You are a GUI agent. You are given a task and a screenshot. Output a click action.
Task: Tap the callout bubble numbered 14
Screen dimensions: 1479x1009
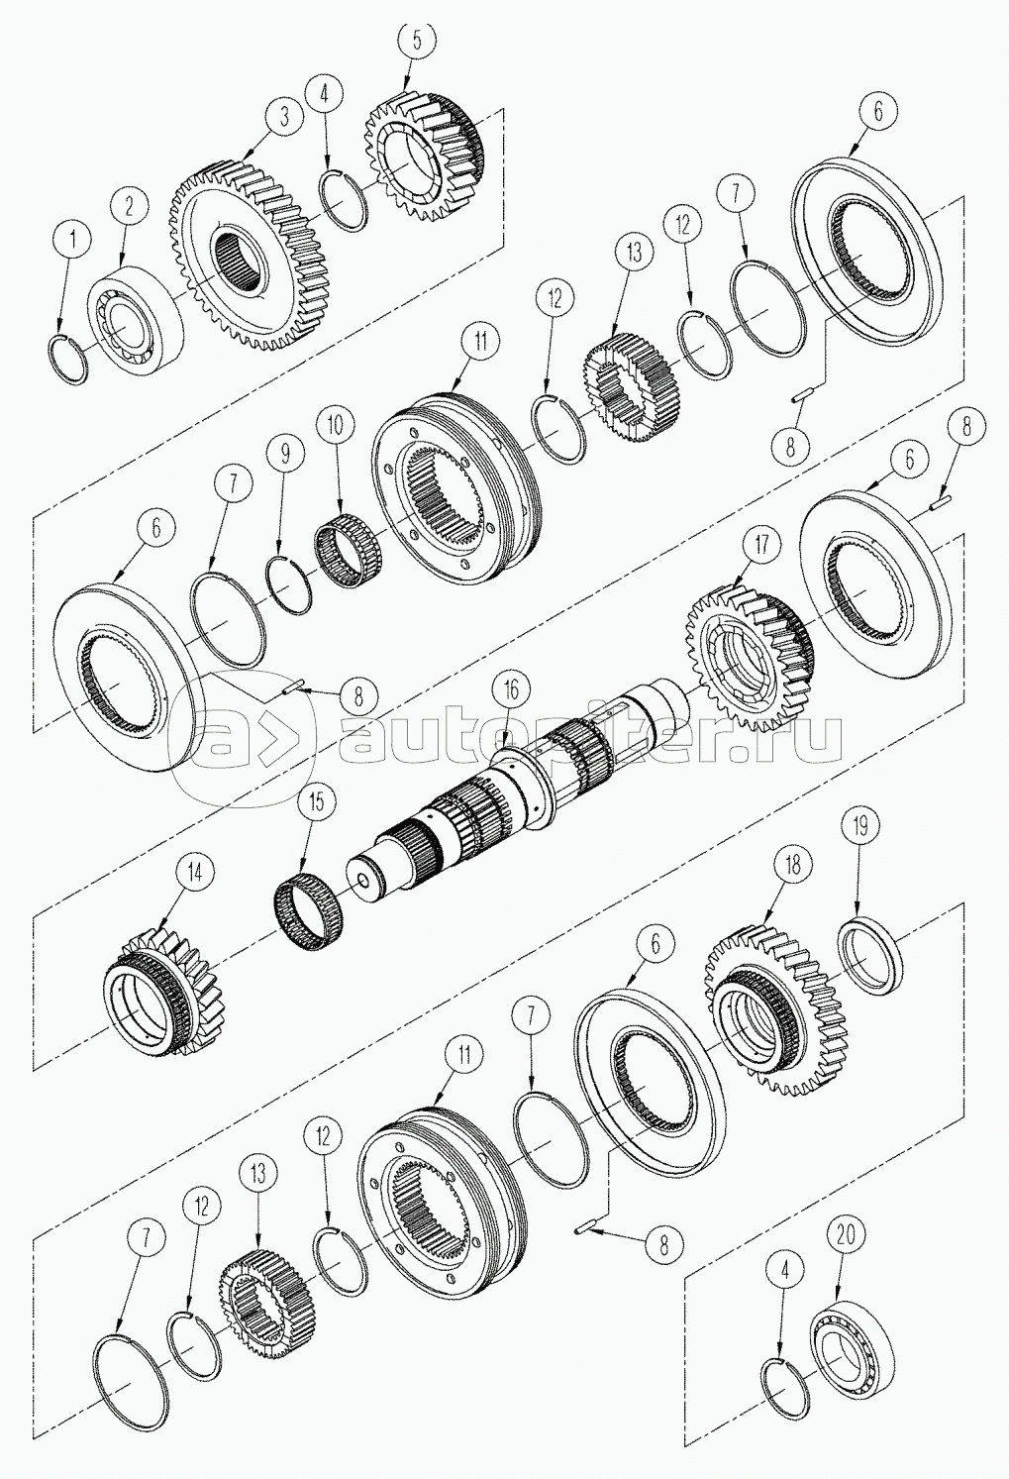click(193, 871)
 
